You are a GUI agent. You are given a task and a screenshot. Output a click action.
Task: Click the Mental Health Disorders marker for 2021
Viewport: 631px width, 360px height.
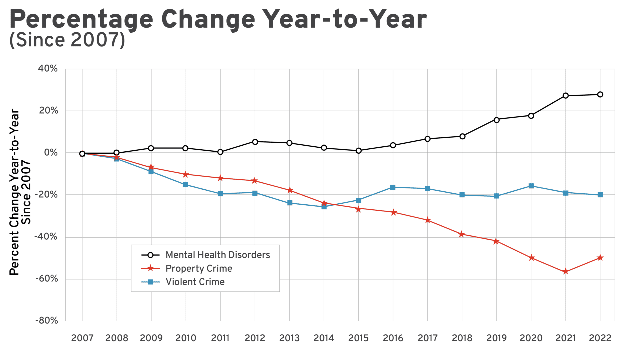coord(566,96)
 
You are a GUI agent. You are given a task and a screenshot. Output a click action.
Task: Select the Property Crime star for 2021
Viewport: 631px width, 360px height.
coord(566,272)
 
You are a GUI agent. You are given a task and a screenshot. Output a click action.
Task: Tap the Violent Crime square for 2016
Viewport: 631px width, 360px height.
coord(393,187)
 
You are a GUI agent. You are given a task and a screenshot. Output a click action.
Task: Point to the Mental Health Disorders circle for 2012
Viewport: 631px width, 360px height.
coord(255,142)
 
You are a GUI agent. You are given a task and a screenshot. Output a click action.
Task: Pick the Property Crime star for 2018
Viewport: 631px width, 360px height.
coord(462,234)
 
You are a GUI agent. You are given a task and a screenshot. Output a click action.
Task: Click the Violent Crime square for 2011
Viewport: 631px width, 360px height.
coord(220,194)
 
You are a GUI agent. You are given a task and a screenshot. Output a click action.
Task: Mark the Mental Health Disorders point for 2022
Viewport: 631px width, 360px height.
coord(600,94)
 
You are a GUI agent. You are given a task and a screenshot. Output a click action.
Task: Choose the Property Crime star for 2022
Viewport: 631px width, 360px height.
coord(600,258)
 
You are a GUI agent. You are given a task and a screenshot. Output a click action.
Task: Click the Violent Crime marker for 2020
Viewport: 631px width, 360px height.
coord(531,186)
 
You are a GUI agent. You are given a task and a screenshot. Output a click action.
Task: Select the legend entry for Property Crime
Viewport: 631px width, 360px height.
coord(199,269)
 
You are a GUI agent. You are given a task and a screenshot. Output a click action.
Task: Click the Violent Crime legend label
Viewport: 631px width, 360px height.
coord(195,282)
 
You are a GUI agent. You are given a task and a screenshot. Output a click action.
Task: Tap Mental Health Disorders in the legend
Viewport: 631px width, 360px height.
coord(218,255)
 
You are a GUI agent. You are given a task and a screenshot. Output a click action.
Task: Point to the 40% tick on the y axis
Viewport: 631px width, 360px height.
coord(48,69)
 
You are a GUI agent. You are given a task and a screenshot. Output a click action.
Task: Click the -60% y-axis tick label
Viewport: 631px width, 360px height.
coord(47,279)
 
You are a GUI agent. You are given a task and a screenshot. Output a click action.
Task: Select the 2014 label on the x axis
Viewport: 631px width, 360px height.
coord(324,338)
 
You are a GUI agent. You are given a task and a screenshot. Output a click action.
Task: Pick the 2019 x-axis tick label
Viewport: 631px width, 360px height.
coord(496,338)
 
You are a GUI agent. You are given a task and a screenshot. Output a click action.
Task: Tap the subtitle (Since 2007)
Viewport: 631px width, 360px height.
coord(67,40)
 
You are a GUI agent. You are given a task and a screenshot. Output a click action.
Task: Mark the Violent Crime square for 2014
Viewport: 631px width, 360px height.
coord(324,207)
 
